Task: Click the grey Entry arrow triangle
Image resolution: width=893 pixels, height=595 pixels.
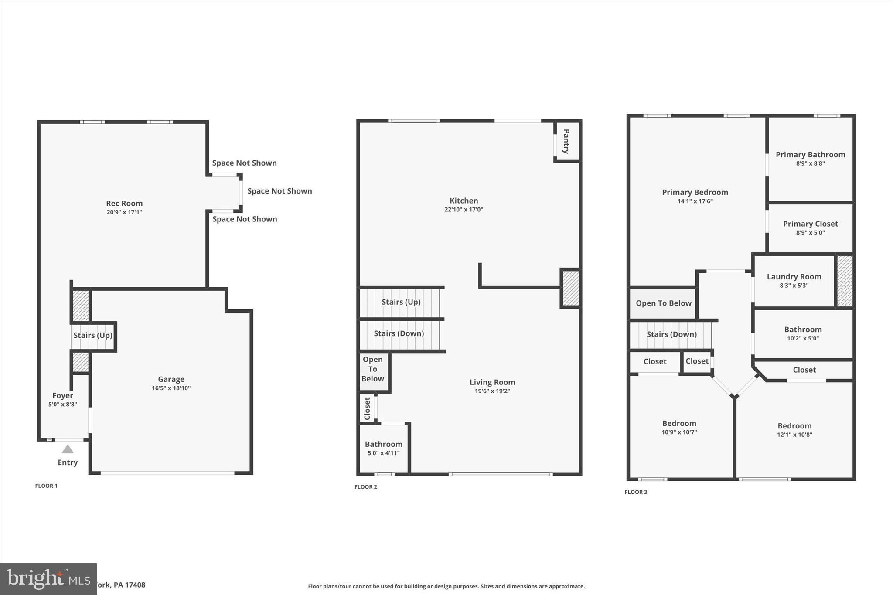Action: tap(68, 449)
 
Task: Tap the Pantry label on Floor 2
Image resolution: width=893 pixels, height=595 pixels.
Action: tap(566, 141)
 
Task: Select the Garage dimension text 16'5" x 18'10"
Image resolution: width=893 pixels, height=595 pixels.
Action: tap(171, 388)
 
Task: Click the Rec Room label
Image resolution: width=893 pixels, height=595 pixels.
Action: tap(124, 203)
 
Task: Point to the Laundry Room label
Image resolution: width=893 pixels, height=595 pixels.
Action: tap(794, 276)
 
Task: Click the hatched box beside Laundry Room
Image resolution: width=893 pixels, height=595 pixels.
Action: tap(845, 281)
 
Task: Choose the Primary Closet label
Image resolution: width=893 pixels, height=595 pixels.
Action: tap(810, 224)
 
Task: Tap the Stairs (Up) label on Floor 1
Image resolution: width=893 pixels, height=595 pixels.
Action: tap(93, 335)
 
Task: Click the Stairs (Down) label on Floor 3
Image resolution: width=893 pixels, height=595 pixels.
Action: tap(671, 334)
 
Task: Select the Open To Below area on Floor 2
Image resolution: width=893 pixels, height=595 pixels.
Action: tap(373, 369)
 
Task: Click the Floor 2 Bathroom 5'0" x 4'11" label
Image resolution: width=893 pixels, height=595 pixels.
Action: tap(384, 448)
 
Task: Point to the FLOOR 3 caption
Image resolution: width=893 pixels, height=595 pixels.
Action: tap(636, 492)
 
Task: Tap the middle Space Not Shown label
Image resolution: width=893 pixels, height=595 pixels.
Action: tap(279, 191)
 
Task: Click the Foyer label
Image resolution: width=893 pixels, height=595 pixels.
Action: tap(62, 395)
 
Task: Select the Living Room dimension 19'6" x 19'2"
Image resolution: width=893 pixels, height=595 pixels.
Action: tap(492, 391)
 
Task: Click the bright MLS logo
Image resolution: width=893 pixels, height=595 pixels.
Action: tap(48, 579)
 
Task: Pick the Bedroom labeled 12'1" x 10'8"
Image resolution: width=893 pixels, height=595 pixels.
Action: tap(794, 429)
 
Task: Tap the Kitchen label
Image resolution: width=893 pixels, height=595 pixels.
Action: tap(464, 201)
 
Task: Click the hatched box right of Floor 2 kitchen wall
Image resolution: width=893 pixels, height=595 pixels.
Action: tap(570, 288)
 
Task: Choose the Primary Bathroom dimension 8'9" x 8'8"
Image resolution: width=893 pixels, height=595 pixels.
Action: tap(810, 163)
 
